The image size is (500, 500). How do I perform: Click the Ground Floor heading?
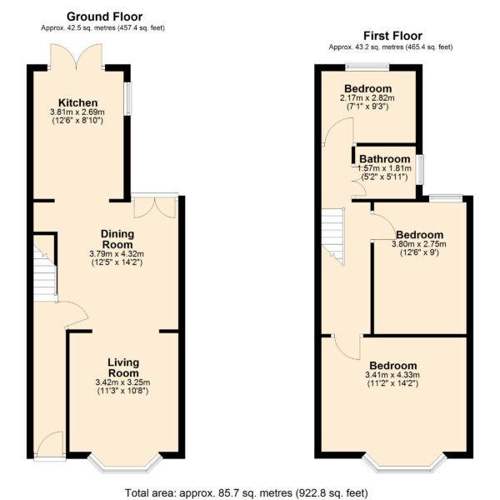104,17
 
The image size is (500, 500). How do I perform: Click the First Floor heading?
392,36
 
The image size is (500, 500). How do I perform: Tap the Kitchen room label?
77,103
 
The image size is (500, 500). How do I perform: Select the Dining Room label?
117,239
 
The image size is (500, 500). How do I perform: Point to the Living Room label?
123,367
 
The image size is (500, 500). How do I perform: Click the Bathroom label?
384,159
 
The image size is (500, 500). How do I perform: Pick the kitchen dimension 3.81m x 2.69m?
77,112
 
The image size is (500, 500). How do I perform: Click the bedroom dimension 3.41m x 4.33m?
392,375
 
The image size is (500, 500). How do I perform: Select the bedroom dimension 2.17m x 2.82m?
367,97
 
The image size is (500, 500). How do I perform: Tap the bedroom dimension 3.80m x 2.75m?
418,244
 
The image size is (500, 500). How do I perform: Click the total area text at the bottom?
246,492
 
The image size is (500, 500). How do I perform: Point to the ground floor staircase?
45,273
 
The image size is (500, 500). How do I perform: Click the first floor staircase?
333,237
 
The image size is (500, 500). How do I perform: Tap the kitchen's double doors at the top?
77,57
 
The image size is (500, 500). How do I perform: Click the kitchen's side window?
127,99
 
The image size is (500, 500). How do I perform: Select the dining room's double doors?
155,207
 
